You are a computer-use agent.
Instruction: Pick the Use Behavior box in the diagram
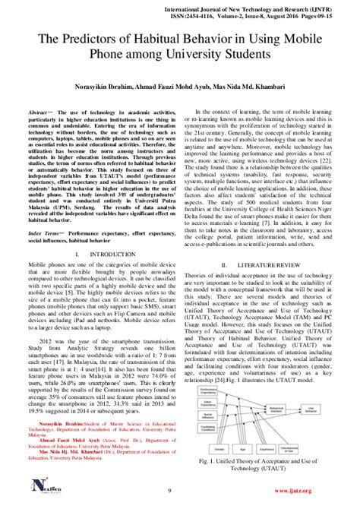pyautogui.click(x=314, y=409)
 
